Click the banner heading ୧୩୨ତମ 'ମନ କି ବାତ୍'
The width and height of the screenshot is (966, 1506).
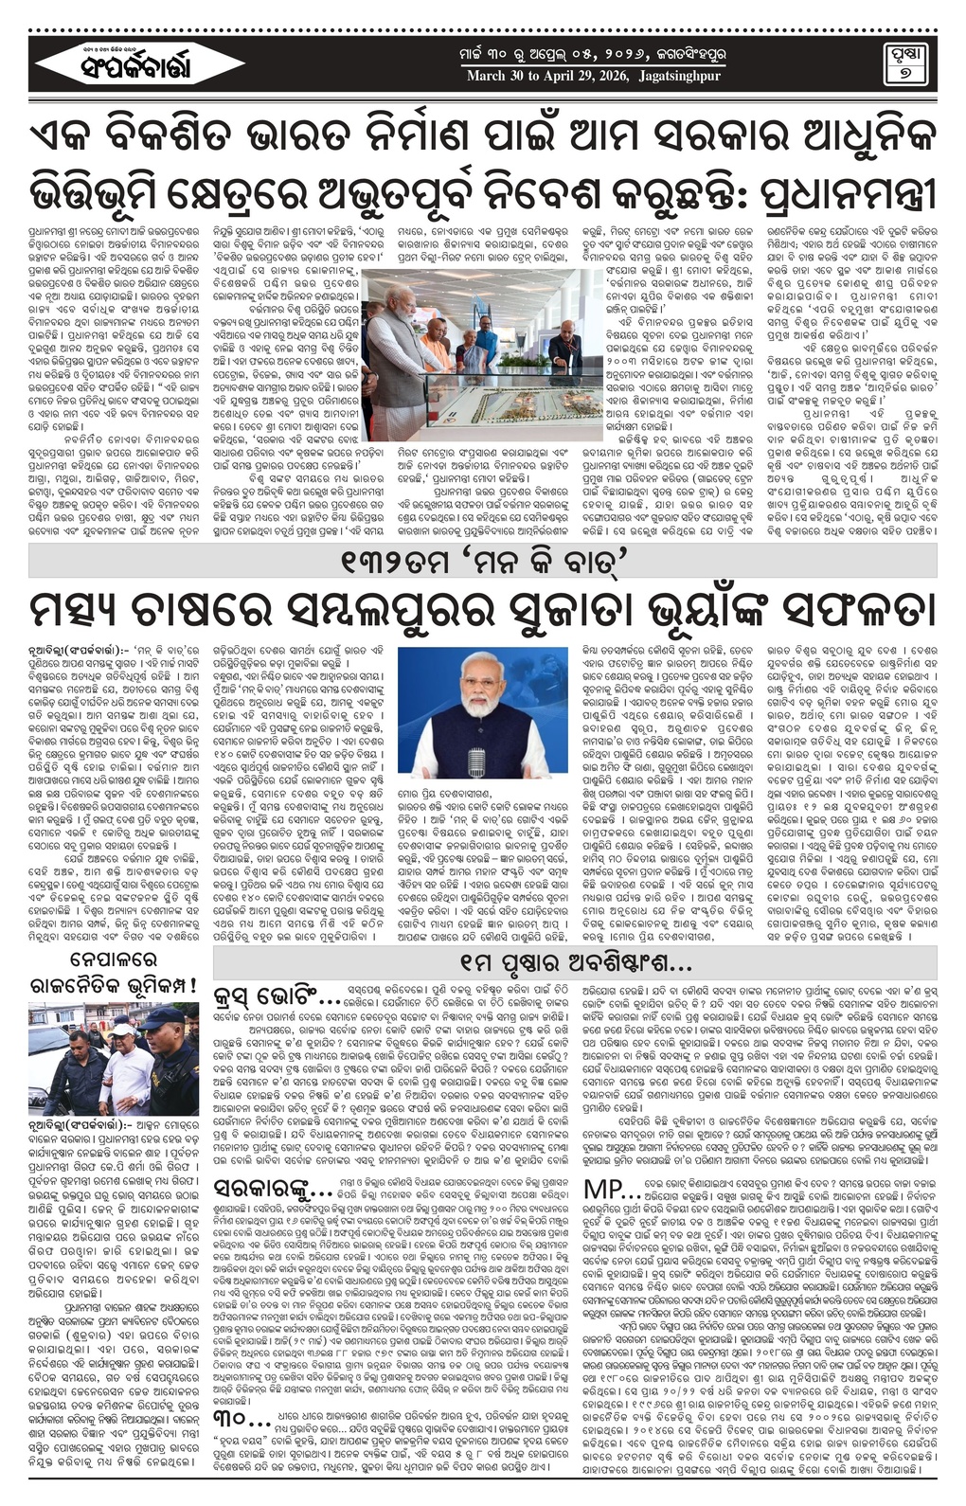coord(483,562)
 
